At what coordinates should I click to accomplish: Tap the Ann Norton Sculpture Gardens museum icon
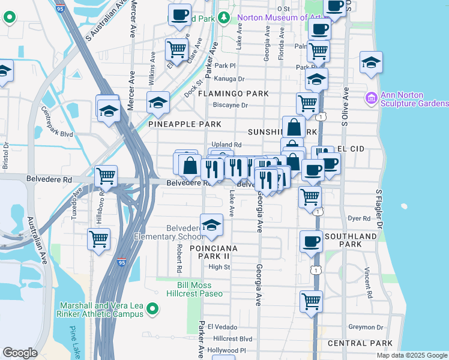[370, 97]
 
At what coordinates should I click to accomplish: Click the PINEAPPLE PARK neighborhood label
[185, 124]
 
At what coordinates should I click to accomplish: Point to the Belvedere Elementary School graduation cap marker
[211, 225]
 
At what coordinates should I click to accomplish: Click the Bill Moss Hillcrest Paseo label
[200, 289]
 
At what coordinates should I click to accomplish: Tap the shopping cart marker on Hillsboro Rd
[98, 238]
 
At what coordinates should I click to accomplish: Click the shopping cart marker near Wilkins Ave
[176, 47]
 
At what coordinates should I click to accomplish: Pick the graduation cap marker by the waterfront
[372, 62]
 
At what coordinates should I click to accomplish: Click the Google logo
[20, 353]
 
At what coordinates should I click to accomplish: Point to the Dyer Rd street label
[360, 219]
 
